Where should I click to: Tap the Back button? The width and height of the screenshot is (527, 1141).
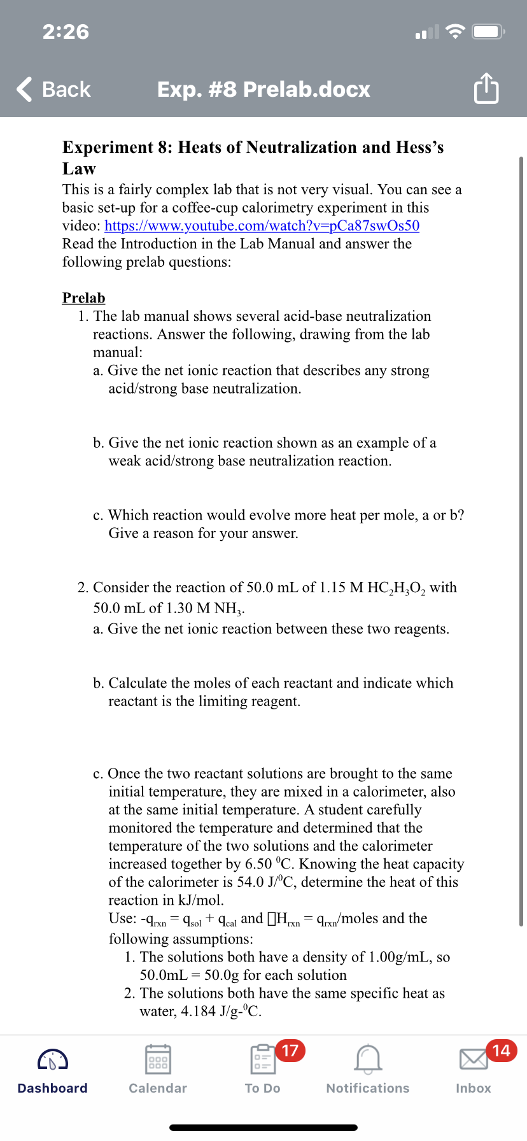[x=54, y=89]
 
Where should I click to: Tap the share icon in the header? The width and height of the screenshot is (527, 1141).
[x=486, y=89]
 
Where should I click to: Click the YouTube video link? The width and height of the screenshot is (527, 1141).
[x=262, y=226]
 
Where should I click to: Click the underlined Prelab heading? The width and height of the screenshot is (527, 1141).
[x=83, y=298]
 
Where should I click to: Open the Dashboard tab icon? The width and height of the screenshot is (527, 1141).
[x=53, y=1059]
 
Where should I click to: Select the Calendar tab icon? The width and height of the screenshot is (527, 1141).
[x=158, y=1059]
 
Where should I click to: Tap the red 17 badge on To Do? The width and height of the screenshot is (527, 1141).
[x=290, y=1051]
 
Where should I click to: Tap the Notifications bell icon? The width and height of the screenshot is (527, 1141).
[x=368, y=1059]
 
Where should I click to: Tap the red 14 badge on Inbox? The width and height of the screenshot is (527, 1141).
[x=502, y=1051]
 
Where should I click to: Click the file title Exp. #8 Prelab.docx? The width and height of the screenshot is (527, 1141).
[x=263, y=89]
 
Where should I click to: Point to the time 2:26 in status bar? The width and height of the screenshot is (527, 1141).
[x=66, y=32]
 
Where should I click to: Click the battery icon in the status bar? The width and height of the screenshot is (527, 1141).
[x=489, y=32]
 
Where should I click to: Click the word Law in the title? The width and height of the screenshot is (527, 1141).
[x=79, y=169]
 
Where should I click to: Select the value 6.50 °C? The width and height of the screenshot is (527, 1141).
[x=270, y=864]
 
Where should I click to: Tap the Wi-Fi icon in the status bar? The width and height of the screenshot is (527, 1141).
[x=454, y=32]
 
